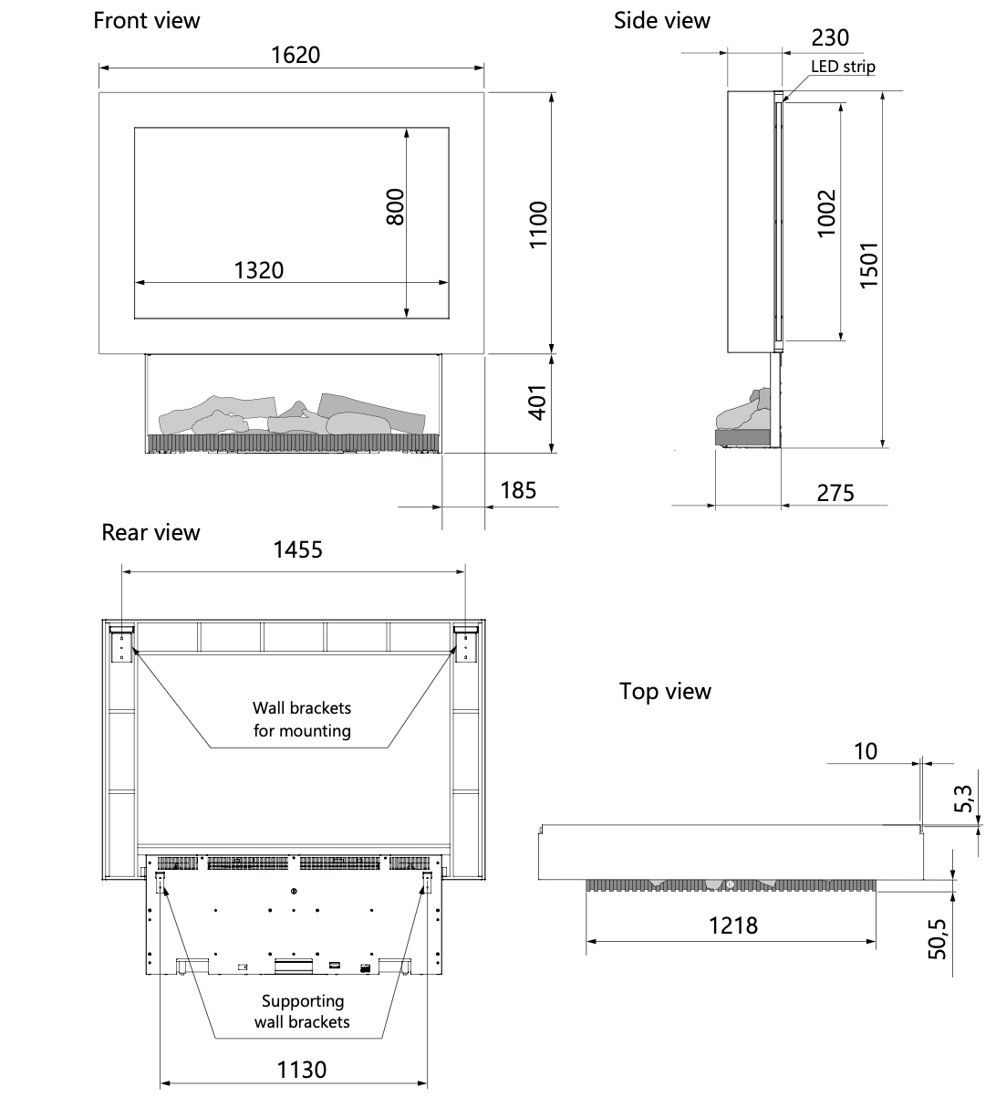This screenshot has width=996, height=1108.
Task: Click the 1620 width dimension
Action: (296, 55)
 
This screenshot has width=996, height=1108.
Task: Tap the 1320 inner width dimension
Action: (259, 270)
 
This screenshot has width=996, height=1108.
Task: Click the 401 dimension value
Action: (538, 402)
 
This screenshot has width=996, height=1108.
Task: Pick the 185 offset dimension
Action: (518, 490)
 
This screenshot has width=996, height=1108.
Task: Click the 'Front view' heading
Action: (147, 20)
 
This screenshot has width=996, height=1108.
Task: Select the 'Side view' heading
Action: (661, 20)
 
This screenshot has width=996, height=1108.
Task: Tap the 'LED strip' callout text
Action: (843, 66)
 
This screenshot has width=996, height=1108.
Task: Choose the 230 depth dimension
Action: (829, 37)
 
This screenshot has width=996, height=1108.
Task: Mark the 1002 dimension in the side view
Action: (826, 213)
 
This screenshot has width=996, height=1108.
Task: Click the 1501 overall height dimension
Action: (869, 265)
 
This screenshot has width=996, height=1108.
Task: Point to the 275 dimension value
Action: (835, 493)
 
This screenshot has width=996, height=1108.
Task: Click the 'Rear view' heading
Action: (150, 532)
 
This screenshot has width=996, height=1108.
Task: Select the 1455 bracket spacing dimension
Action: (298, 549)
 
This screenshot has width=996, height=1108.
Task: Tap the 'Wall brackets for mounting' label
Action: (302, 719)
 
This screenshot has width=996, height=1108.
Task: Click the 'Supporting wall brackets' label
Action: (302, 1011)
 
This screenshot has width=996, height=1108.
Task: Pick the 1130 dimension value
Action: (302, 1069)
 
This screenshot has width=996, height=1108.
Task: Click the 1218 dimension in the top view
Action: (733, 925)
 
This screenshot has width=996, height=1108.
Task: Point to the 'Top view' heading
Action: (665, 691)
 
